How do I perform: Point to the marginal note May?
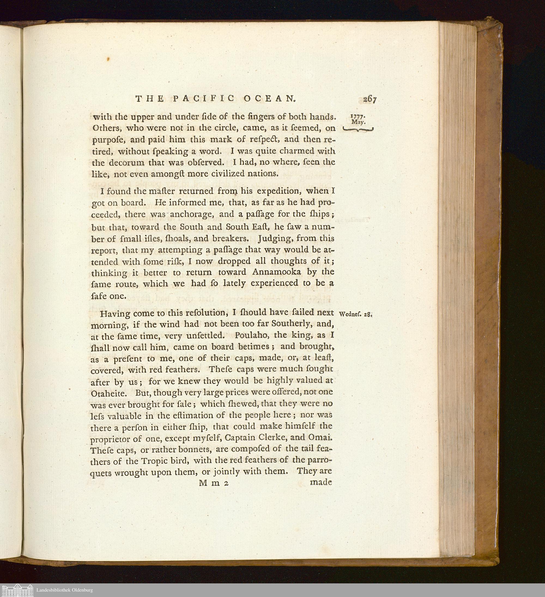(359, 122)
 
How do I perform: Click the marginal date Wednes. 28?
(355, 315)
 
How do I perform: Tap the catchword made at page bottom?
(321, 482)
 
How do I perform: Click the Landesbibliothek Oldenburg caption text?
(65, 590)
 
